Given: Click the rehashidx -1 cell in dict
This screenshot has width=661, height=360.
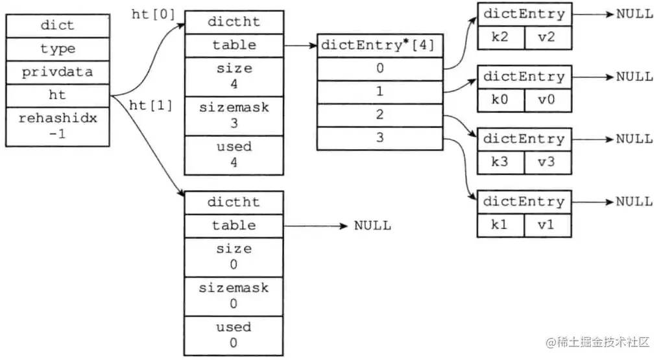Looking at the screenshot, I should (x=57, y=126).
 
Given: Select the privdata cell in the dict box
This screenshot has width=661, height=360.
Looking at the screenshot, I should (x=57, y=72).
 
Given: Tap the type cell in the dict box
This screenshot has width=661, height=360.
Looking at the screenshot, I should (x=57, y=49).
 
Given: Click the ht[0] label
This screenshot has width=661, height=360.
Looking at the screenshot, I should (x=153, y=15).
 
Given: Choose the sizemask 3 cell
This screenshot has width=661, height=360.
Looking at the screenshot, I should (x=234, y=115).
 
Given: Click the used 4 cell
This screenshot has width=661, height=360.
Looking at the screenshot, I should (x=234, y=155).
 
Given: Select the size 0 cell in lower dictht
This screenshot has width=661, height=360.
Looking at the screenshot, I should (x=234, y=257).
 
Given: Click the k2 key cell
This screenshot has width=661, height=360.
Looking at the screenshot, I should (x=500, y=38).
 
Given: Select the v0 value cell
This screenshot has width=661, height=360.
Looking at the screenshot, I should (x=548, y=100).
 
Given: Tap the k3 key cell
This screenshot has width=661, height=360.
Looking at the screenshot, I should (x=500, y=162).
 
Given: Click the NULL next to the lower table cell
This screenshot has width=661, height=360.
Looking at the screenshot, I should (x=372, y=226).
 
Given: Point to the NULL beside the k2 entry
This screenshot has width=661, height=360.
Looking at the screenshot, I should (x=634, y=14).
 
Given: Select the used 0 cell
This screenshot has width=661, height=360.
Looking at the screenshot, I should (x=234, y=335).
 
